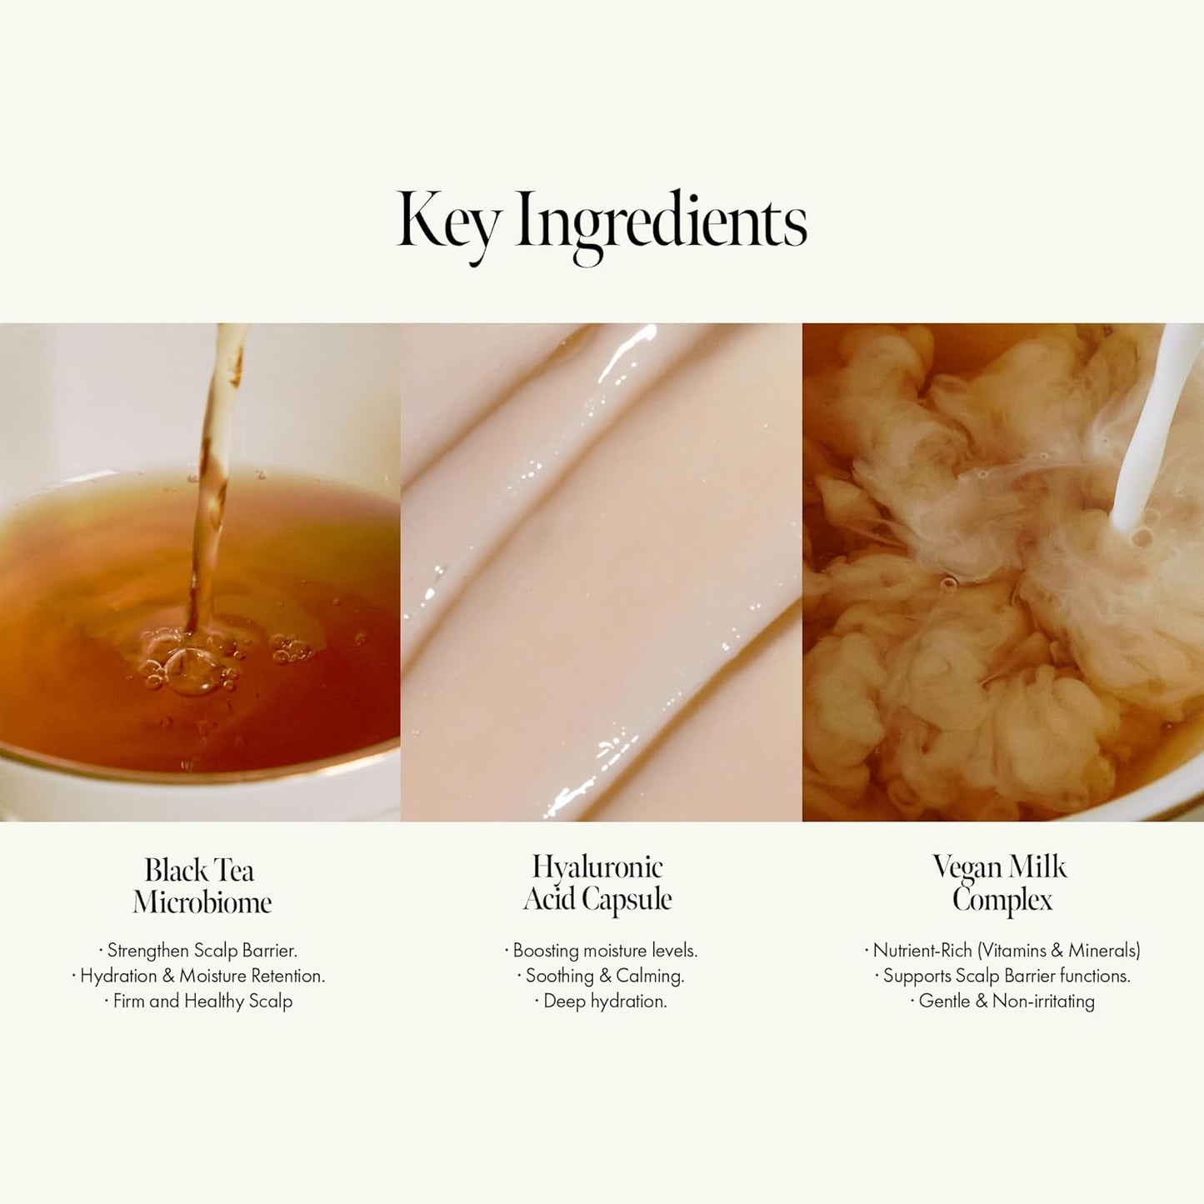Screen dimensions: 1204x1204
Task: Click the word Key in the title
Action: click(447, 220)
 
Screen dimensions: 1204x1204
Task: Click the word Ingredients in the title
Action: click(662, 220)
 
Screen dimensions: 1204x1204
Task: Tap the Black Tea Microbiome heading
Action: click(201, 886)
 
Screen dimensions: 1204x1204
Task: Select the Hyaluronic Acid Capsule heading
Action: click(597, 882)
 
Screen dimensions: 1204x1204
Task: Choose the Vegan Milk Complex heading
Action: click(1001, 882)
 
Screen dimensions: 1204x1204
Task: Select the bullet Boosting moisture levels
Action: click(601, 950)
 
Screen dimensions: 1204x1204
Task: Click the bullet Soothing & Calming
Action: click(601, 976)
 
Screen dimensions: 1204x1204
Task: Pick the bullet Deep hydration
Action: click(601, 1001)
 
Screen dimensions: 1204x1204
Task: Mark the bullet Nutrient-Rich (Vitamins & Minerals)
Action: click(1002, 950)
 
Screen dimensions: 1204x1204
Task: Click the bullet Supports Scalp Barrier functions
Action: click(1002, 976)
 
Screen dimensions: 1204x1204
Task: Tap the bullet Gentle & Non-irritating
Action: click(1002, 1001)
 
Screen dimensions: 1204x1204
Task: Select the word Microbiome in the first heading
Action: click(202, 902)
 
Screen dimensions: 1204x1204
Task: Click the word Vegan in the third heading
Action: click(965, 867)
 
